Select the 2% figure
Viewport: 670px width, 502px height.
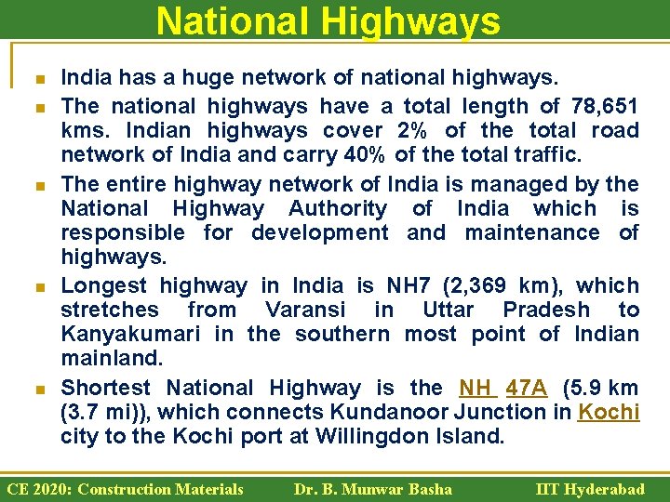point(411,130)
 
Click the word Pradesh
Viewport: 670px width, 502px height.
point(544,310)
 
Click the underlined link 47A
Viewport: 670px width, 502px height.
point(528,388)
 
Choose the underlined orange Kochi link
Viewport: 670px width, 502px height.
point(609,412)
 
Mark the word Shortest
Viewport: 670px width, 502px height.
point(105,388)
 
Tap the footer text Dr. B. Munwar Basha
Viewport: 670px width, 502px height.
point(372,489)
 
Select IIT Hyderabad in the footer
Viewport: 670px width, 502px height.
point(590,489)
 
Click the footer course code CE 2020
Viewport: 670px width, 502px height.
point(35,489)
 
